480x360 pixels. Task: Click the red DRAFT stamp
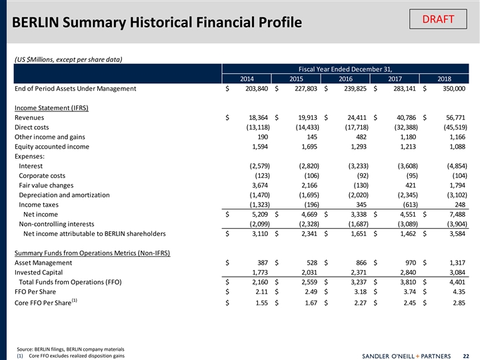pyautogui.click(x=438, y=19)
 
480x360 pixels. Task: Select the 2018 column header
pyautogui.click(x=445, y=78)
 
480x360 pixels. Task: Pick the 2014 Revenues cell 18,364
pyautogui.click(x=255, y=117)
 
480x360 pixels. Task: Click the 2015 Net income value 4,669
pyautogui.click(x=306, y=215)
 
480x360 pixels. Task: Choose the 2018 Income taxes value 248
pyautogui.click(x=461, y=205)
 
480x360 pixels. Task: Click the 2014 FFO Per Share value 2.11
pyautogui.click(x=260, y=292)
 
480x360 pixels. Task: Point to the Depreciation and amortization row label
pyautogui.click(x=65, y=195)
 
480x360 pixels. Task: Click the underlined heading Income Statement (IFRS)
pyautogui.click(x=51, y=108)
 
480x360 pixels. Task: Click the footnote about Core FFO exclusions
pyautogui.click(x=67, y=355)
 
